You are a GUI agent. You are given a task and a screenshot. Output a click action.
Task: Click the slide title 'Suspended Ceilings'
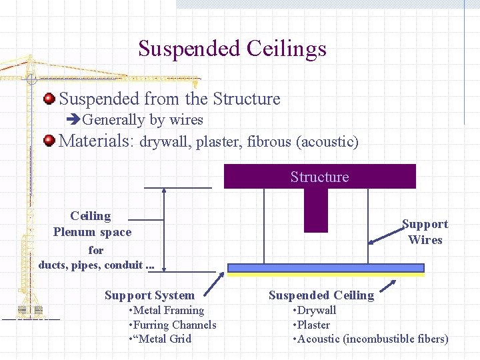[232, 49]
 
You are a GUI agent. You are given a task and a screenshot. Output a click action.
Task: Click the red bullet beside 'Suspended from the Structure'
[49, 99]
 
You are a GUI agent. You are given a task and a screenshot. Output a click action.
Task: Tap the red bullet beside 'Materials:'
[49, 141]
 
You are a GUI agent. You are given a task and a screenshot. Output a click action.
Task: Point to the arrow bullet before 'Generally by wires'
[73, 120]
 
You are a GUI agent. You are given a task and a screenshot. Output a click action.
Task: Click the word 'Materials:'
[97, 141]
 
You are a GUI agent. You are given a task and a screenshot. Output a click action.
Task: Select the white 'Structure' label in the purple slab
[319, 177]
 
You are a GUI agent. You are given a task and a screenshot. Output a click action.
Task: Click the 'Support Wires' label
[425, 232]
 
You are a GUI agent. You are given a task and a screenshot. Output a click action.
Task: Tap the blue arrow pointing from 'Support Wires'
[385, 235]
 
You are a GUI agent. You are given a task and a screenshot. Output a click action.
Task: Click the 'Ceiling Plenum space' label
[92, 224]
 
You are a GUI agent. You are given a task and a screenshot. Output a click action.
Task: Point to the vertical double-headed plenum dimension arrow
[164, 230]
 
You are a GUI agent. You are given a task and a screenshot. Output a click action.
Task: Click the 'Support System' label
[149, 295]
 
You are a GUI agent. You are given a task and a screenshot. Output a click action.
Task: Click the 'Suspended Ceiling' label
[321, 295]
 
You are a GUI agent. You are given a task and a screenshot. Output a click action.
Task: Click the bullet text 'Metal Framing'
[168, 311]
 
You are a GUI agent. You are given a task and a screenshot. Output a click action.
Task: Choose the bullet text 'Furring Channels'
[175, 325]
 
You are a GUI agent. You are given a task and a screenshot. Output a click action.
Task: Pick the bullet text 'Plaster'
[313, 325]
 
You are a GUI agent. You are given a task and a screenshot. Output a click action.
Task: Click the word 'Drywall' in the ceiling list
[317, 311]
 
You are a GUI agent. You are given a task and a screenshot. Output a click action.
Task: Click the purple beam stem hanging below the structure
[316, 209]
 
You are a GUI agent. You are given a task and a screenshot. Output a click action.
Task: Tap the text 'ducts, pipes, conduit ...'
[97, 265]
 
